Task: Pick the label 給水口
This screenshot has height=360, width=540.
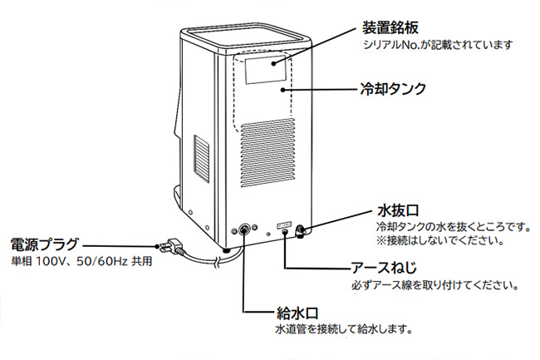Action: [296, 313]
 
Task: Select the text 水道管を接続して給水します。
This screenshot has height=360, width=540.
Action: [344, 329]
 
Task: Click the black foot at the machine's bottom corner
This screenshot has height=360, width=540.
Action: [225, 249]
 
